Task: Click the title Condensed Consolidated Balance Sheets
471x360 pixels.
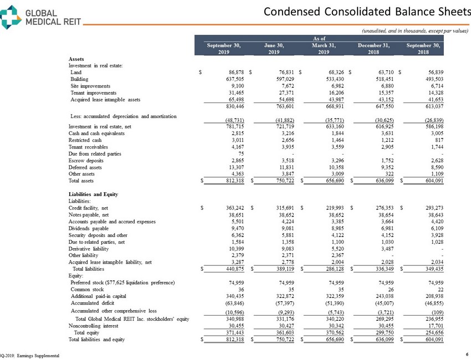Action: pyautogui.click(x=365, y=11)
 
